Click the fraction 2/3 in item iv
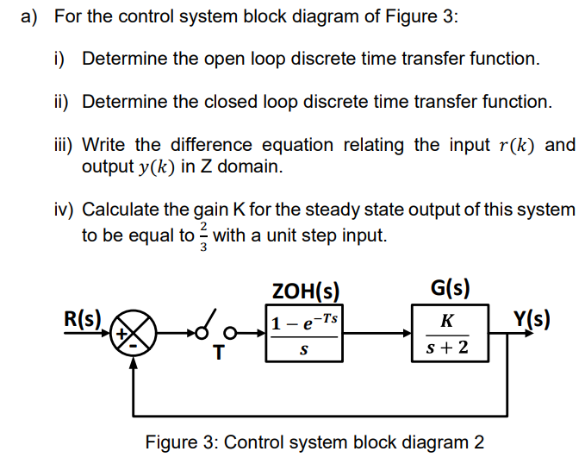point(203,235)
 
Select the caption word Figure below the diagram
point(172,442)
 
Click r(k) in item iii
point(516,144)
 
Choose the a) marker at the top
point(30,17)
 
